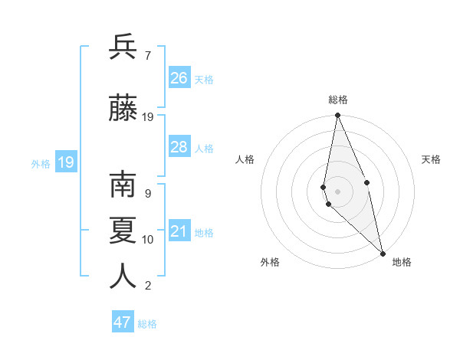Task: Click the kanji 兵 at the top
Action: pos(123,47)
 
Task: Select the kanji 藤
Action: pos(123,108)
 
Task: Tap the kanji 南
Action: pos(123,186)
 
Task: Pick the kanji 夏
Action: pos(123,231)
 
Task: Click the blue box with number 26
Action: pos(179,78)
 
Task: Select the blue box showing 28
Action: pos(179,147)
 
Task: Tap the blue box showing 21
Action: pos(179,231)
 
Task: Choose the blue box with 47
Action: pos(123,322)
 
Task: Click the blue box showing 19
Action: pos(66,162)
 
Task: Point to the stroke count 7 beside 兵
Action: pos(147,56)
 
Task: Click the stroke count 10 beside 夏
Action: pos(148,240)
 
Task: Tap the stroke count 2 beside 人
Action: pos(147,286)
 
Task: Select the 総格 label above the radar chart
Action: pos(338,100)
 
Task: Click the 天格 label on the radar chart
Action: pos(432,159)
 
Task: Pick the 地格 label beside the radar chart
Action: pos(402,262)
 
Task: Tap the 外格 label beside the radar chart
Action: pos(270,262)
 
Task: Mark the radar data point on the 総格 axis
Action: pos(337,116)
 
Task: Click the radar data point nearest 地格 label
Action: pos(382,253)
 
